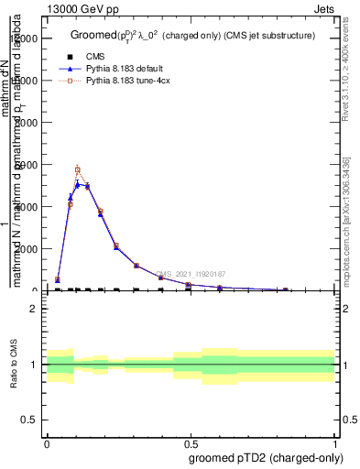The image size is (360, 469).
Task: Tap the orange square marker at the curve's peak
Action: point(78,169)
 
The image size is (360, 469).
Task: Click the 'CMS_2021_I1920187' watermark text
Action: point(191,274)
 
